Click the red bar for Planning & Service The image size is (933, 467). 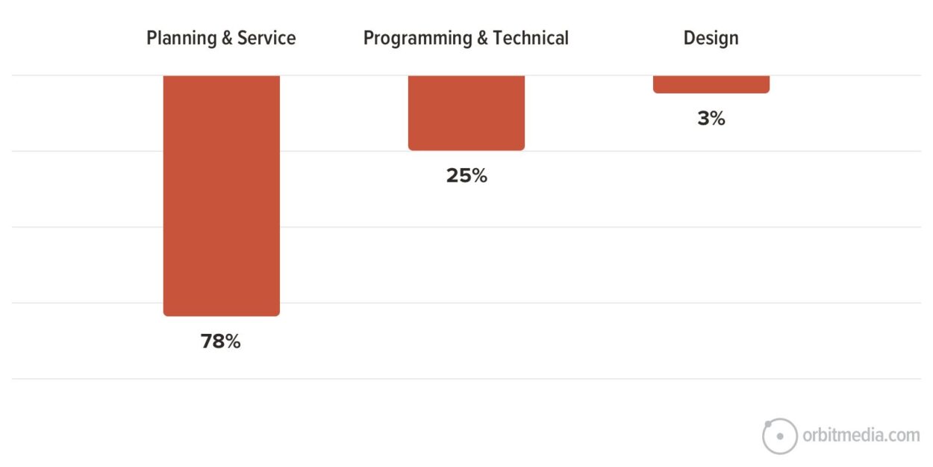point(221,195)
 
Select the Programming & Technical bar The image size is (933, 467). point(466,113)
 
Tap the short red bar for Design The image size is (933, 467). point(711,84)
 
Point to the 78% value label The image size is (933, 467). point(221,341)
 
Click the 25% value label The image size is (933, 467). point(466,176)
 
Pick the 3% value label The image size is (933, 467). point(711,118)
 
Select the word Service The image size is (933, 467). point(266,38)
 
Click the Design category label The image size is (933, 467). point(711,38)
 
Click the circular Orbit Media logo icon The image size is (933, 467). point(780,436)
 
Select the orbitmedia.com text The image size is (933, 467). point(861,435)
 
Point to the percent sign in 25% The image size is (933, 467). point(478,176)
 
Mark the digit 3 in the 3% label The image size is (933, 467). point(703,118)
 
